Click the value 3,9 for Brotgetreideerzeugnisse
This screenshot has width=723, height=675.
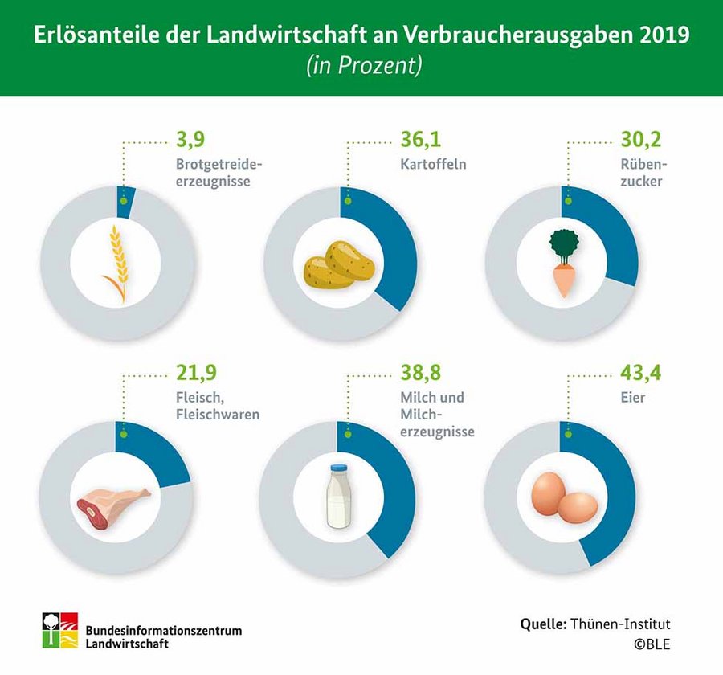pyautogui.click(x=190, y=140)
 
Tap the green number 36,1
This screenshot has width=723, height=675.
pyautogui.click(x=419, y=140)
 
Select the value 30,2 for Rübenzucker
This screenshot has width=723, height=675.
pyautogui.click(x=639, y=140)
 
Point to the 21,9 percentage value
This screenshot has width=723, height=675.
pyautogui.click(x=196, y=373)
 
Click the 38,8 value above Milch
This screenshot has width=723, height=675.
pyautogui.click(x=419, y=373)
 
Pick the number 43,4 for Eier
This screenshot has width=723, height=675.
pyautogui.click(x=640, y=373)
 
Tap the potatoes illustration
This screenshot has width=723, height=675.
pyautogui.click(x=339, y=264)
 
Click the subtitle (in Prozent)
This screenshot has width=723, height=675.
pyautogui.click(x=363, y=67)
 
